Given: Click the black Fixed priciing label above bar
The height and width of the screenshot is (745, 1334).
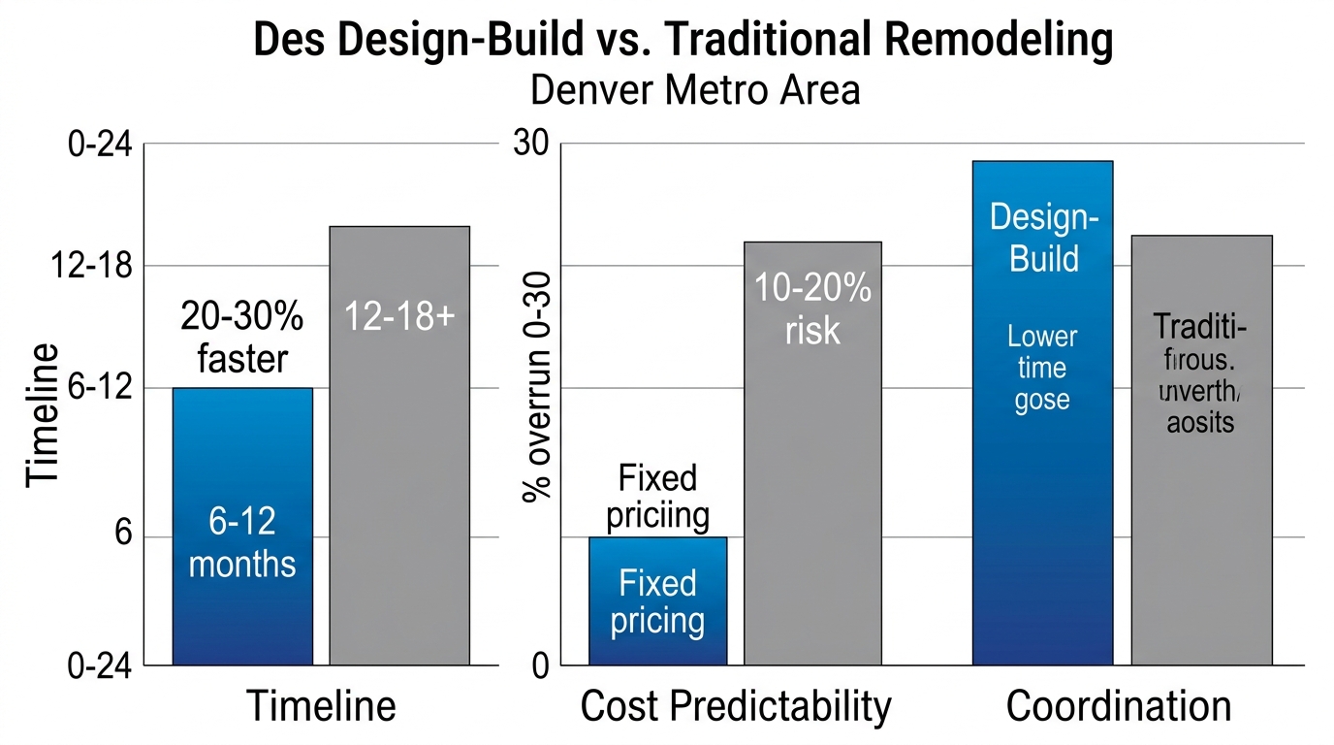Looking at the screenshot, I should [657, 496].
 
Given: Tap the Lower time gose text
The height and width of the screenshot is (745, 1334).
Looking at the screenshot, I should [1042, 368].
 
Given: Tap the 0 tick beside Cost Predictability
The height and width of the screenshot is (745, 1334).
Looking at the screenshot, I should [540, 666].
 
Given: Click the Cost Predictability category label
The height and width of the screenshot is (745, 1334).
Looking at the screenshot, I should [735, 706].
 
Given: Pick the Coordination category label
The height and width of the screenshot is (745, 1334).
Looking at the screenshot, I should [1119, 706].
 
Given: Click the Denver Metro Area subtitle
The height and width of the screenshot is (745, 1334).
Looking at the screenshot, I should [695, 90].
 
